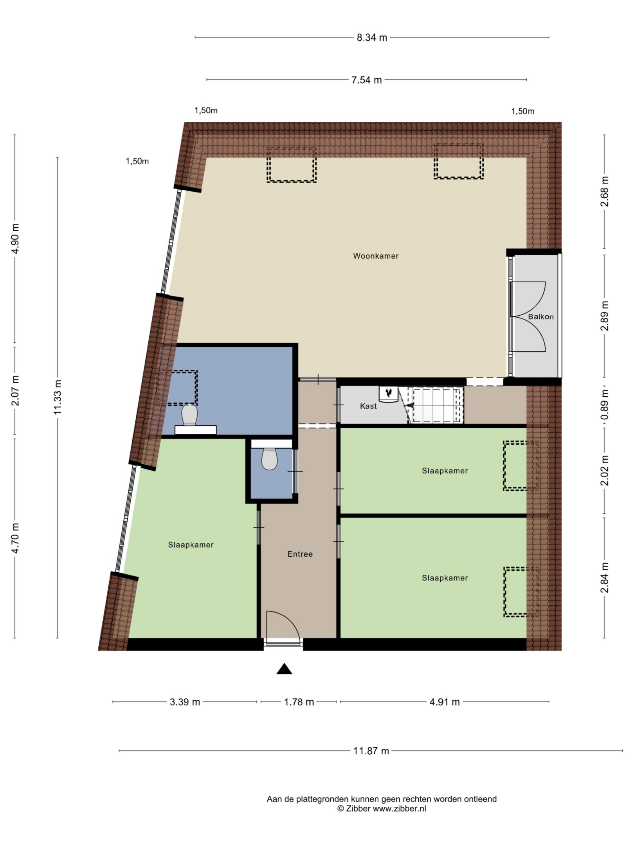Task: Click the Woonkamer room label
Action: pos(376,256)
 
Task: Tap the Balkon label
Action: pos(540,316)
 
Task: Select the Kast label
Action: pos(368,406)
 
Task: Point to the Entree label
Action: pos(300,554)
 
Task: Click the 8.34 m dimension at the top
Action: pos(372,38)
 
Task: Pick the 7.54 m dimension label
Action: pos(366,80)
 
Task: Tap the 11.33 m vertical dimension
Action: pos(58,397)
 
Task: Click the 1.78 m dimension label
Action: pos(299,702)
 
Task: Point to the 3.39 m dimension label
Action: pos(185,702)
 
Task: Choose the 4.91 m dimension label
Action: pos(445,702)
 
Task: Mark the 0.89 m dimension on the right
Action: pos(605,404)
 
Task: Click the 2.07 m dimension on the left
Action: pos(15,390)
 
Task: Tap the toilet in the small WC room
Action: pos(269,458)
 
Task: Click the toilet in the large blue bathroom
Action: pos(189,415)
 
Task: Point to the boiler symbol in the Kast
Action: pos(389,393)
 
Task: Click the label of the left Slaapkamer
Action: pos(191,545)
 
